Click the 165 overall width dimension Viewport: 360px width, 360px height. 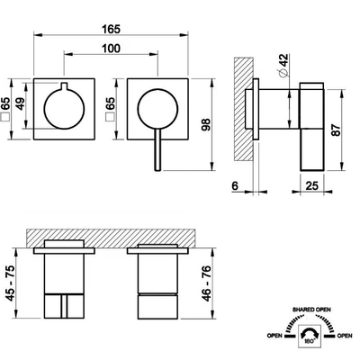(x=111, y=30)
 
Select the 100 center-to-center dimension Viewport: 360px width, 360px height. (x=111, y=49)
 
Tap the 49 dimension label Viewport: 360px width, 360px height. (x=20, y=103)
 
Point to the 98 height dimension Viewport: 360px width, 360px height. (x=206, y=125)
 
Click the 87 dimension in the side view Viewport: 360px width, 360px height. (x=336, y=130)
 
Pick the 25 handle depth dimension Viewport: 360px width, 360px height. (x=311, y=185)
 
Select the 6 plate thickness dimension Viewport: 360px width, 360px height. (x=235, y=186)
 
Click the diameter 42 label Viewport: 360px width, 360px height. (x=283, y=66)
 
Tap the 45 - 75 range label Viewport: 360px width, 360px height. (x=11, y=283)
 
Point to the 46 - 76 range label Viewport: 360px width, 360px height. (x=207, y=283)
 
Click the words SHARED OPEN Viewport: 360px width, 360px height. (x=311, y=310)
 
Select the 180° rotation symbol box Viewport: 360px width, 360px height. (x=310, y=336)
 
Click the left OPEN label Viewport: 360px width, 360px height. (x=274, y=336)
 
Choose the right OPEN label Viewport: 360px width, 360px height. (x=345, y=336)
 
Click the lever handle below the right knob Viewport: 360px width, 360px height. (x=158, y=150)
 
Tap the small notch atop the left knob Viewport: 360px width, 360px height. (x=64, y=85)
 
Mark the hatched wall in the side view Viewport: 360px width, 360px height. (x=244, y=109)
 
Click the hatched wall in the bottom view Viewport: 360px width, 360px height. (x=111, y=238)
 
